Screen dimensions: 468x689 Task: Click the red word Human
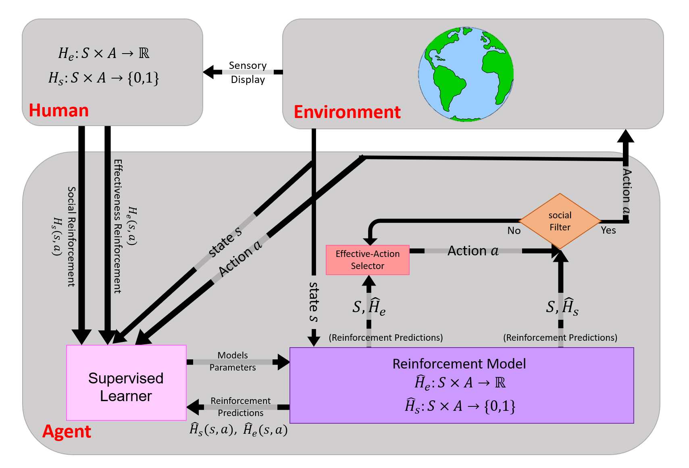59,110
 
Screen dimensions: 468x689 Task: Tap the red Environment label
347,112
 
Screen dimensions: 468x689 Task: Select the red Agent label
67,431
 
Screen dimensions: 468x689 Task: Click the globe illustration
466,74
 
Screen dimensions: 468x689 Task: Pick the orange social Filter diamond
560,221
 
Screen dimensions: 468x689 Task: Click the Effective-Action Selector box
367,260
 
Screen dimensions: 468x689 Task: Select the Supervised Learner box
126,383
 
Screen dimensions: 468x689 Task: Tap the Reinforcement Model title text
459,364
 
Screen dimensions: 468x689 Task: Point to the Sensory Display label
248,72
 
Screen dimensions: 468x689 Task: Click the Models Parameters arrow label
233,361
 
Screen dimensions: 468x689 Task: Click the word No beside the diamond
514,230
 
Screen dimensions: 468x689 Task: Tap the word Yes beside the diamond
608,230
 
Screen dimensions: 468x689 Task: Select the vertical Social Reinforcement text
71,236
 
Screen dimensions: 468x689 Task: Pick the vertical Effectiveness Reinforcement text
117,226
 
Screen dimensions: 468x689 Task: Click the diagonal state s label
225,242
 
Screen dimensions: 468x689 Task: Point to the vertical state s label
314,302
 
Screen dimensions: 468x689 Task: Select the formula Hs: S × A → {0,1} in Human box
104,77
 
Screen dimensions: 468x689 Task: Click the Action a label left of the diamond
473,251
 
